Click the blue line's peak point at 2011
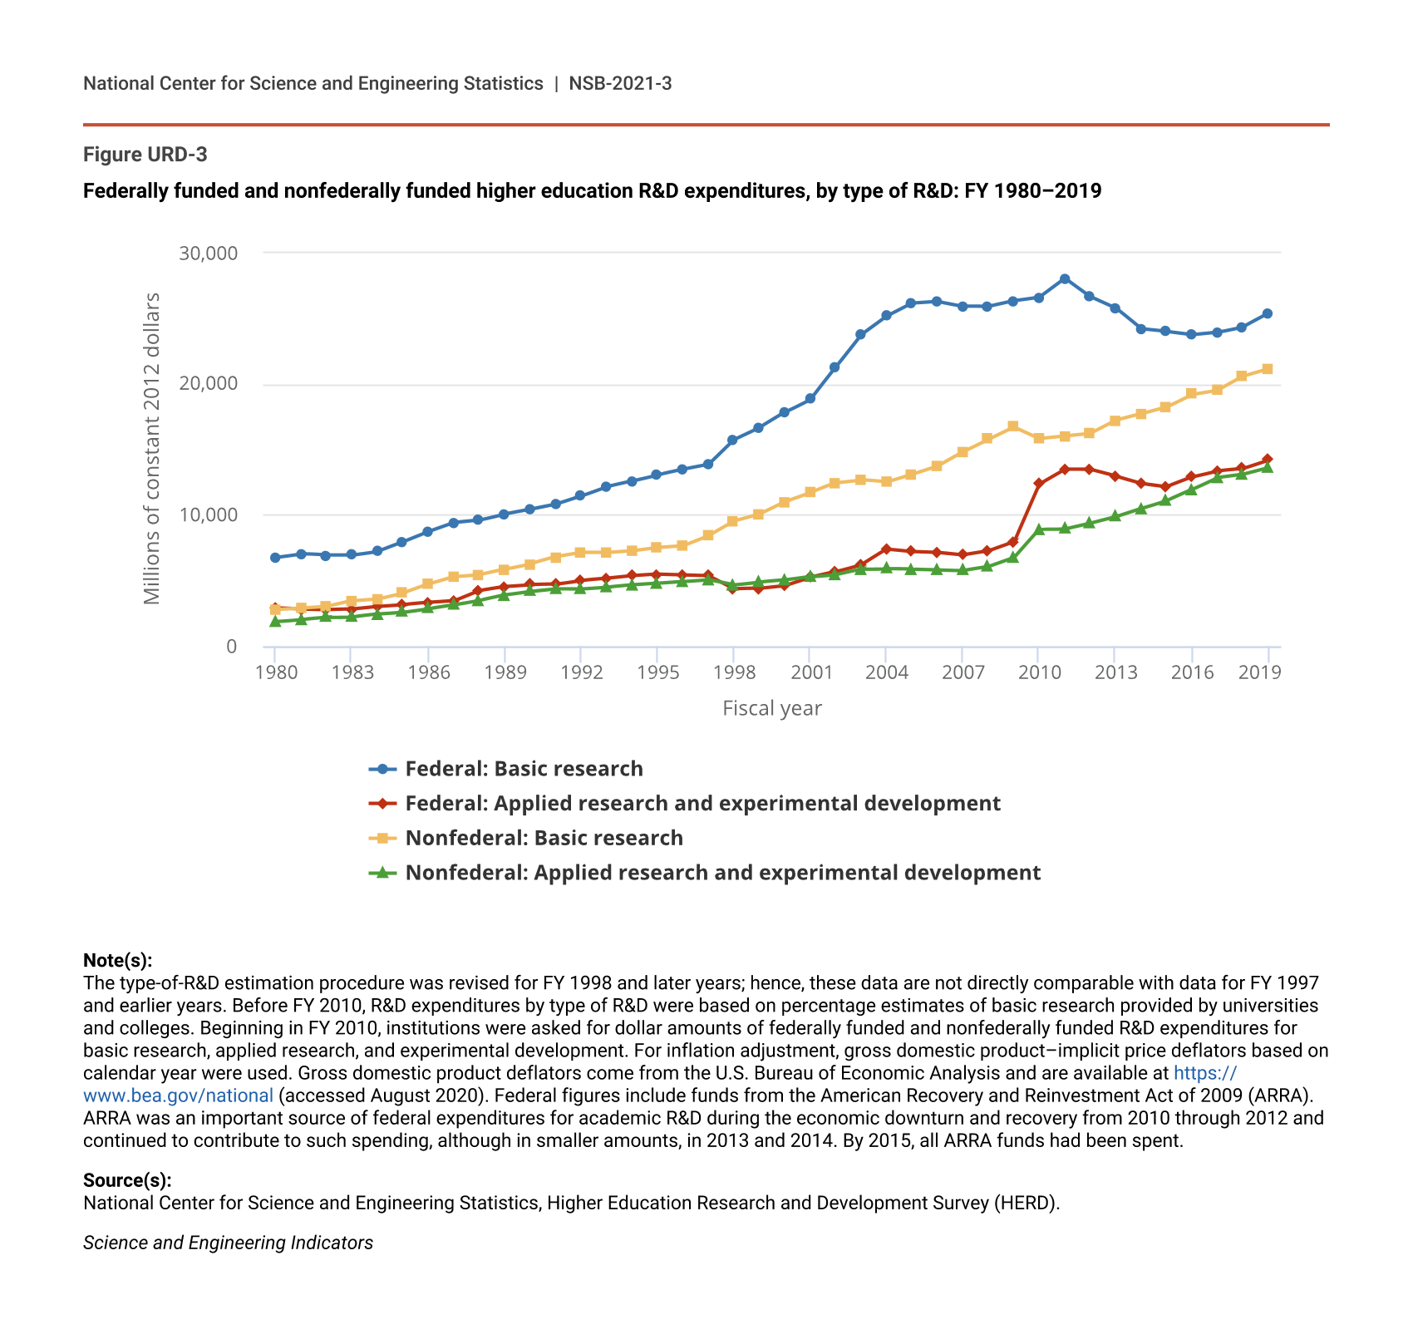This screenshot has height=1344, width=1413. (x=1065, y=279)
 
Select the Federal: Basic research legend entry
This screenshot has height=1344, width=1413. (x=524, y=769)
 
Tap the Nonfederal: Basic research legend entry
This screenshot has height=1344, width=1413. (x=544, y=838)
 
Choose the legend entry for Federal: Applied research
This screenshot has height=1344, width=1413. (x=702, y=804)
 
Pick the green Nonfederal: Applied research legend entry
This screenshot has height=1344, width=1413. (x=722, y=873)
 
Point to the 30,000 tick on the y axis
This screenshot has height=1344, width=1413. (x=208, y=253)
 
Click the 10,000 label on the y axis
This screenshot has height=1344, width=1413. (x=208, y=515)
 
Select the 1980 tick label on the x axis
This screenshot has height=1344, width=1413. (x=276, y=672)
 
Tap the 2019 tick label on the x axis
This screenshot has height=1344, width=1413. (x=1259, y=672)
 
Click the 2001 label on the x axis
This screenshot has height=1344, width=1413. (x=810, y=672)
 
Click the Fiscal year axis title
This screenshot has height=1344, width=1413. (x=772, y=708)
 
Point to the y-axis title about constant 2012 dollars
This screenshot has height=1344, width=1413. (x=151, y=449)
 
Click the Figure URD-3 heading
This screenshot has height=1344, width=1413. (x=145, y=155)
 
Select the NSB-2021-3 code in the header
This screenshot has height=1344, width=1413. (x=620, y=83)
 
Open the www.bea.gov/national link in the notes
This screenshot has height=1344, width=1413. (x=178, y=1095)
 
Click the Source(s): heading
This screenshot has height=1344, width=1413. (x=127, y=1180)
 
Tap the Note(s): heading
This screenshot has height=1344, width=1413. (x=117, y=961)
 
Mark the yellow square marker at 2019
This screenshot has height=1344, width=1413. (x=1268, y=369)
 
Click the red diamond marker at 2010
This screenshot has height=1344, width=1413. (x=1039, y=483)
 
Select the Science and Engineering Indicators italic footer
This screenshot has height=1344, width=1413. (x=228, y=1243)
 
